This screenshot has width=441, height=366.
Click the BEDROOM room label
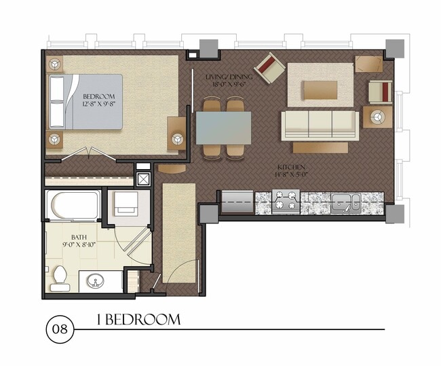click(x=99, y=96)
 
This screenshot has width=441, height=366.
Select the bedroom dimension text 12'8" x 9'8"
click(x=99, y=105)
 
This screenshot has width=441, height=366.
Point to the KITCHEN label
click(x=290, y=167)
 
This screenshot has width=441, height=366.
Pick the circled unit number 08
click(x=58, y=331)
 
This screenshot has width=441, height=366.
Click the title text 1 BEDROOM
click(x=138, y=319)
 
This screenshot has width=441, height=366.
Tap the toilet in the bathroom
click(x=59, y=278)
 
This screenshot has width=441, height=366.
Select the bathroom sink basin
click(x=92, y=280)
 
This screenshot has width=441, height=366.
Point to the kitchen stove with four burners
click(x=286, y=200)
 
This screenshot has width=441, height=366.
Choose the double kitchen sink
click(x=345, y=201)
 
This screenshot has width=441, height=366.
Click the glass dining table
click(x=223, y=126)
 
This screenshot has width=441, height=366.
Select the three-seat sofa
click(x=320, y=124)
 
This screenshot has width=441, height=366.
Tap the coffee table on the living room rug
click(x=320, y=90)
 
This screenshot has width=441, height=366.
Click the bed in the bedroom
click(x=85, y=102)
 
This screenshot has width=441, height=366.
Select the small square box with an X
click(x=143, y=180)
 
